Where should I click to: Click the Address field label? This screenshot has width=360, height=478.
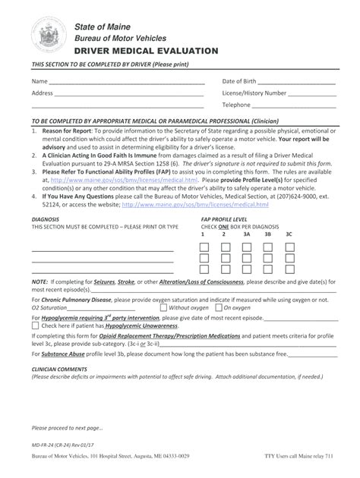click(42, 93)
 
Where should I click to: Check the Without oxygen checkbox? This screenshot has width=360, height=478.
click(164, 308)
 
